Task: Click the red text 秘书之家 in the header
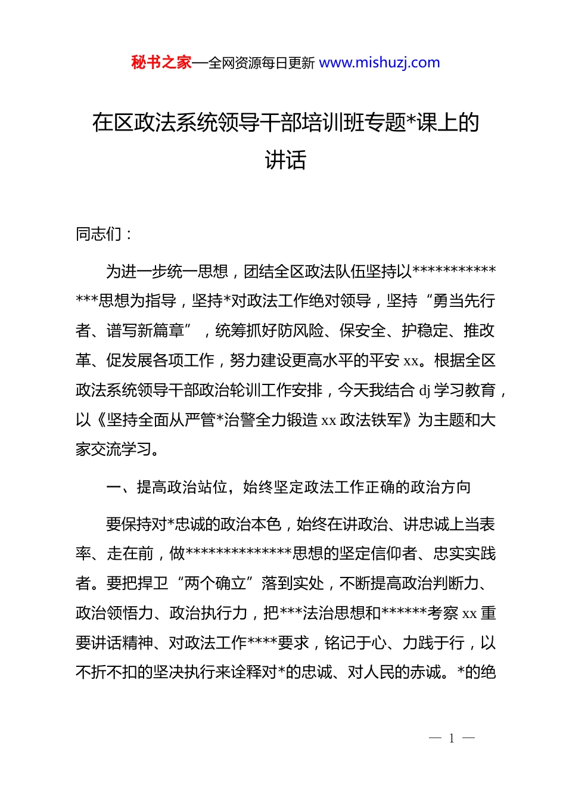coord(161,63)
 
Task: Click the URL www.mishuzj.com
coord(380,63)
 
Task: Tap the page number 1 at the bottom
coord(452,738)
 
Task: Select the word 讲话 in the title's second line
coord(285,160)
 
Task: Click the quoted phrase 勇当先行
coord(464,301)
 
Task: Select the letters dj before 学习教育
coord(425,391)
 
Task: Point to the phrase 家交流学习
coord(113,449)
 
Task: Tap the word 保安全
coord(363,331)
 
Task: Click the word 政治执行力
coord(208,613)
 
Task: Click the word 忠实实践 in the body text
coord(464,554)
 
